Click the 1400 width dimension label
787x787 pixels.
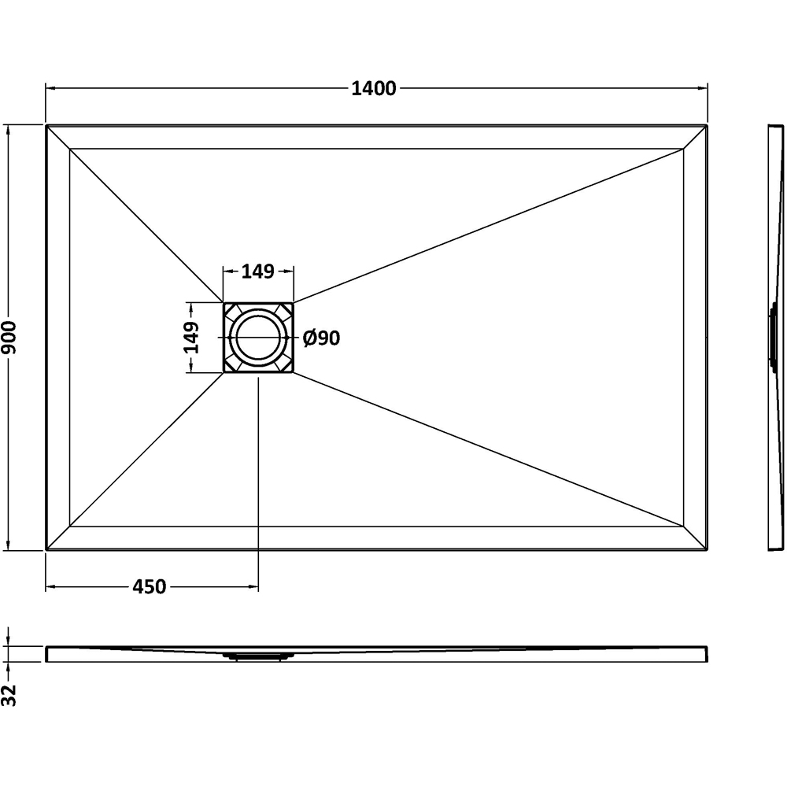[374, 89]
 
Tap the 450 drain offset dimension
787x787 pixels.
[150, 587]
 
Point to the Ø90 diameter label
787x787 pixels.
[321, 338]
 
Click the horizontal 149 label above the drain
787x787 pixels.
[257, 272]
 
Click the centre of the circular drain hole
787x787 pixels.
[258, 338]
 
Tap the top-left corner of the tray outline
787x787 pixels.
[46, 125]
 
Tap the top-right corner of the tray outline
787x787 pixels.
[708, 125]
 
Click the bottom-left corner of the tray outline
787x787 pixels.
[46, 549]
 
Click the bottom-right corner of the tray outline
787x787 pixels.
[708, 549]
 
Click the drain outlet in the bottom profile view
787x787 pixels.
[258, 654]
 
